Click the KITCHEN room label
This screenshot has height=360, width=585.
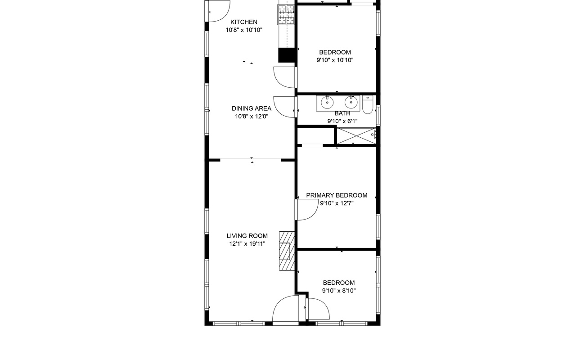[x=243, y=22]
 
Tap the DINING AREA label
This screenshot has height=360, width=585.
[x=252, y=108]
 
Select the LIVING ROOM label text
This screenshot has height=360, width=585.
[x=247, y=236]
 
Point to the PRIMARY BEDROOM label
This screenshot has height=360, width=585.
[x=337, y=195]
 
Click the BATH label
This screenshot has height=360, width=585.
[x=342, y=113]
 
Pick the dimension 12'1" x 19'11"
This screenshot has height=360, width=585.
[x=247, y=244]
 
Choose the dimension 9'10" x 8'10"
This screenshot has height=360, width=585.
[x=339, y=291]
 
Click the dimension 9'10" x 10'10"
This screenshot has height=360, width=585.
[x=335, y=60]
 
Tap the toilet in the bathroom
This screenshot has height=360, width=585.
[x=368, y=105]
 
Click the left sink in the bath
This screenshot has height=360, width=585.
[x=327, y=103]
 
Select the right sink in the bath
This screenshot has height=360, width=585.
[x=351, y=102]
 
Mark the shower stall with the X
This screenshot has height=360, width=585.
[x=356, y=135]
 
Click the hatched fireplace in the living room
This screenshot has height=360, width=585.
[x=287, y=251]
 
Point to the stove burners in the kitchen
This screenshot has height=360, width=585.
[x=287, y=15]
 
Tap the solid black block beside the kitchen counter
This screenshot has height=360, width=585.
[x=287, y=55]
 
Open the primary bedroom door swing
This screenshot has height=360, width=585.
[x=306, y=210]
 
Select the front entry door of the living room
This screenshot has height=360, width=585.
[x=286, y=310]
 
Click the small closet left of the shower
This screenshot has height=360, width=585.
[x=316, y=135]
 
